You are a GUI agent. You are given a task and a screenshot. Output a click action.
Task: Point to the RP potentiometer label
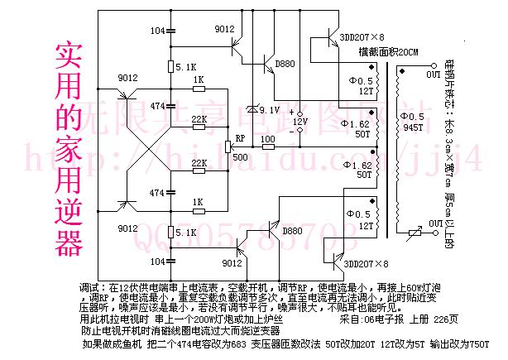[x=239, y=137]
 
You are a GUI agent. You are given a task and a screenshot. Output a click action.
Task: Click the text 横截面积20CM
[x=388, y=51]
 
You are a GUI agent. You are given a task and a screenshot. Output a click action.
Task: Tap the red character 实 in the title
[x=69, y=56]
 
